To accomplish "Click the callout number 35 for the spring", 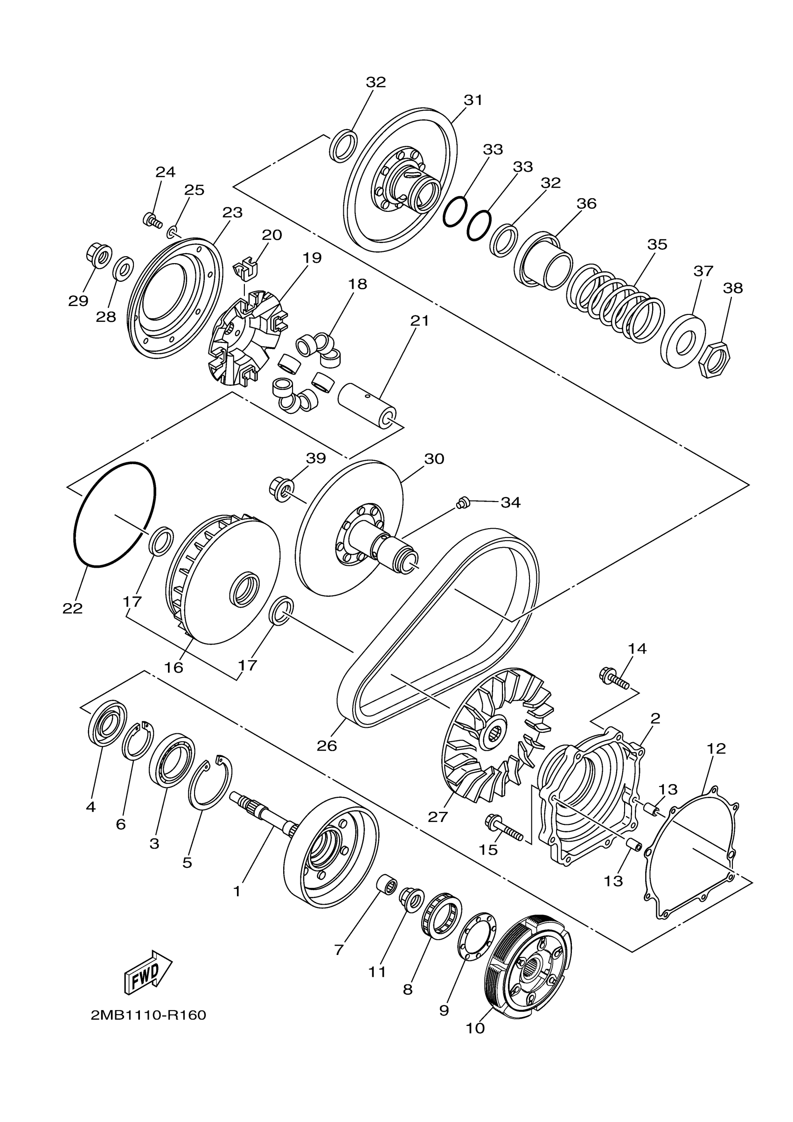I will tap(657, 244).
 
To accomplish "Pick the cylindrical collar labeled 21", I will tap(369, 403).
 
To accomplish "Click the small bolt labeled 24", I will tap(152, 220).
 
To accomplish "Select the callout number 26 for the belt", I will tap(327, 746).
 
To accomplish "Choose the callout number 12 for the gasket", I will tap(716, 748).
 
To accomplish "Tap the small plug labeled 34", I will tap(463, 502).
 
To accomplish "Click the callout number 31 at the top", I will tap(473, 100).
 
